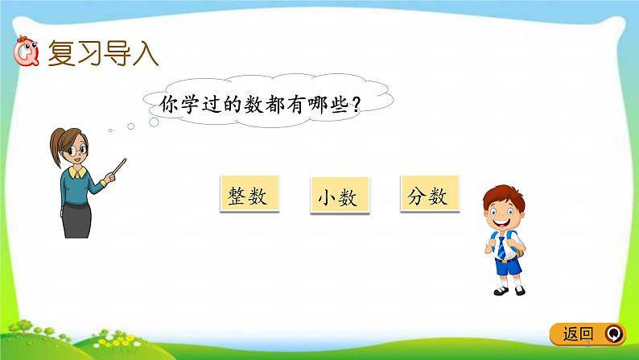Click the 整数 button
(x=248, y=195)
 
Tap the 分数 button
(x=429, y=195)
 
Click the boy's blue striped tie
(x=502, y=246)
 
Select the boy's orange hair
(x=502, y=193)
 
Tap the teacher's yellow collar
(x=78, y=171)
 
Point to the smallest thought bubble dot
(x=112, y=130)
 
